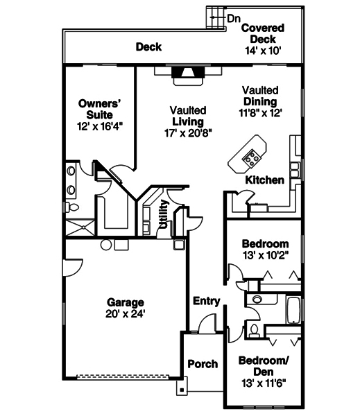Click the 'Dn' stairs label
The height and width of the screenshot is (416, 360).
pyautogui.click(x=234, y=17)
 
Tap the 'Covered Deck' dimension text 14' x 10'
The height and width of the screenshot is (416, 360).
pyautogui.click(x=262, y=51)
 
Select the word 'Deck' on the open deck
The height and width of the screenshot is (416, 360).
pyautogui.click(x=148, y=47)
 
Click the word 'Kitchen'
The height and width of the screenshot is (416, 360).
pyautogui.click(x=264, y=180)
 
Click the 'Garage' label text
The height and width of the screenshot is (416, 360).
pyautogui.click(x=126, y=302)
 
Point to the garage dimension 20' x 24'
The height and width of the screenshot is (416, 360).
pyautogui.click(x=126, y=313)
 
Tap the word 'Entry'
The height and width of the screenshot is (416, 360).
pyautogui.click(x=207, y=301)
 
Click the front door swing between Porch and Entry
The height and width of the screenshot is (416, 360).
pyautogui.click(x=205, y=323)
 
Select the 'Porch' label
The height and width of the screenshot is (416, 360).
pyautogui.click(x=203, y=364)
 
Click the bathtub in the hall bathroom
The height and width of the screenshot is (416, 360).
pyautogui.click(x=293, y=311)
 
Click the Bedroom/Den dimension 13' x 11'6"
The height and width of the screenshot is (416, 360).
pyautogui.click(x=263, y=381)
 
